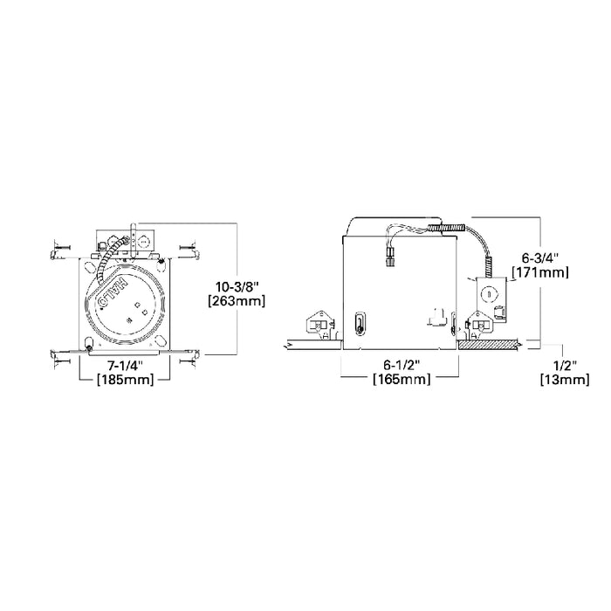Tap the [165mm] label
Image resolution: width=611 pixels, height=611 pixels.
[400, 380]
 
